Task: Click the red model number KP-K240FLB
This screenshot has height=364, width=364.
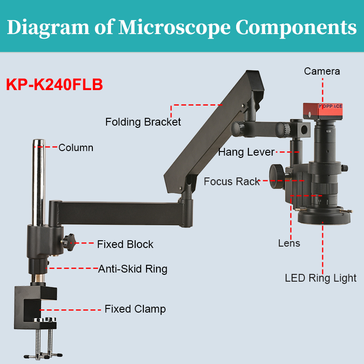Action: click(x=54, y=84)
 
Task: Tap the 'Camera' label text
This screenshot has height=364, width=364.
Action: click(x=322, y=71)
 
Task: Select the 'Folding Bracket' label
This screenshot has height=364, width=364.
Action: click(x=143, y=122)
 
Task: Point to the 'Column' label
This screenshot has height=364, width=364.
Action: click(x=76, y=147)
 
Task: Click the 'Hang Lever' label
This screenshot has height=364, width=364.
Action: click(x=246, y=152)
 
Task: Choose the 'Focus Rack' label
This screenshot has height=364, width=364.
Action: click(x=232, y=182)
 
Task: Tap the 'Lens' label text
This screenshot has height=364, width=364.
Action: click(x=289, y=243)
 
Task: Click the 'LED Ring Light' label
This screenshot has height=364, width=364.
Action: click(x=321, y=278)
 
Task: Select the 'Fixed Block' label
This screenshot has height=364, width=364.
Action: click(x=125, y=244)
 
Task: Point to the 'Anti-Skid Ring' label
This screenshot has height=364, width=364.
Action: click(x=132, y=269)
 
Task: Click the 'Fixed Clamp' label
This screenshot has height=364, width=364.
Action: click(x=135, y=309)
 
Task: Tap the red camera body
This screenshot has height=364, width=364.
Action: click(x=323, y=111)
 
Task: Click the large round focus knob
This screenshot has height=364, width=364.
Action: click(x=277, y=177)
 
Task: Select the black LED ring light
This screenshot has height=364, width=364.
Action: click(x=324, y=216)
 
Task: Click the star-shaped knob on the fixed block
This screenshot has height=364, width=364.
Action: click(x=69, y=243)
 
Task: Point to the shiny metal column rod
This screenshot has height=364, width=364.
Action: click(x=39, y=182)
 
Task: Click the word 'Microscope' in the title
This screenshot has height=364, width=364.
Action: click(x=174, y=27)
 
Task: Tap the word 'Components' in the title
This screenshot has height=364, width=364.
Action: click(x=296, y=28)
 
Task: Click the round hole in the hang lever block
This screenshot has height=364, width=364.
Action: click(x=304, y=130)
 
